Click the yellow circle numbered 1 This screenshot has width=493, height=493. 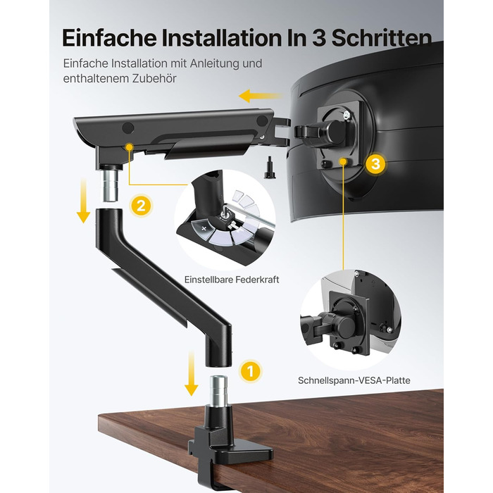tap(250, 371)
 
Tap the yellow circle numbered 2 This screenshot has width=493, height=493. tap(141, 206)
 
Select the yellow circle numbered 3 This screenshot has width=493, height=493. tap(375, 163)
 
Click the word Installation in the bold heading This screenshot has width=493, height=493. tap(219, 38)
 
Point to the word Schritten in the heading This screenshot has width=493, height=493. tap(382, 38)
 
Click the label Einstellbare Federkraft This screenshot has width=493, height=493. tap(232, 280)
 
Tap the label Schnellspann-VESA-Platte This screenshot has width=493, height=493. tap(354, 380)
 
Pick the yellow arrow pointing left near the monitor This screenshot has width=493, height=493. tap(261, 96)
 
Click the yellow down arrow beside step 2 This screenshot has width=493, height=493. tap(83, 201)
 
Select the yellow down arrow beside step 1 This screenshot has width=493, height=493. tap(191, 373)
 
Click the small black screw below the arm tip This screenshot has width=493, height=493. tap(270, 168)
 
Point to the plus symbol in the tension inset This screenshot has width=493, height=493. tap(204, 228)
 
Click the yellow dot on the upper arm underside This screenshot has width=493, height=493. tap(129, 146)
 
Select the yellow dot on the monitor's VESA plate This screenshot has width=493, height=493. tap(344, 161)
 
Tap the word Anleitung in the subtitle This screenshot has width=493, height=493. tap(213, 63)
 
